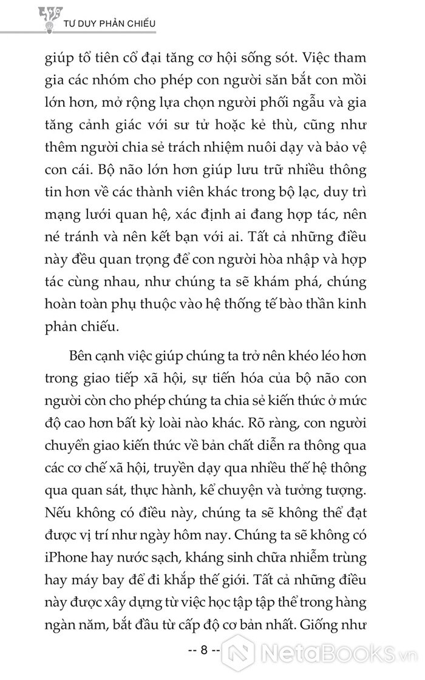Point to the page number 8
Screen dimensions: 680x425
coord(205,650)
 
